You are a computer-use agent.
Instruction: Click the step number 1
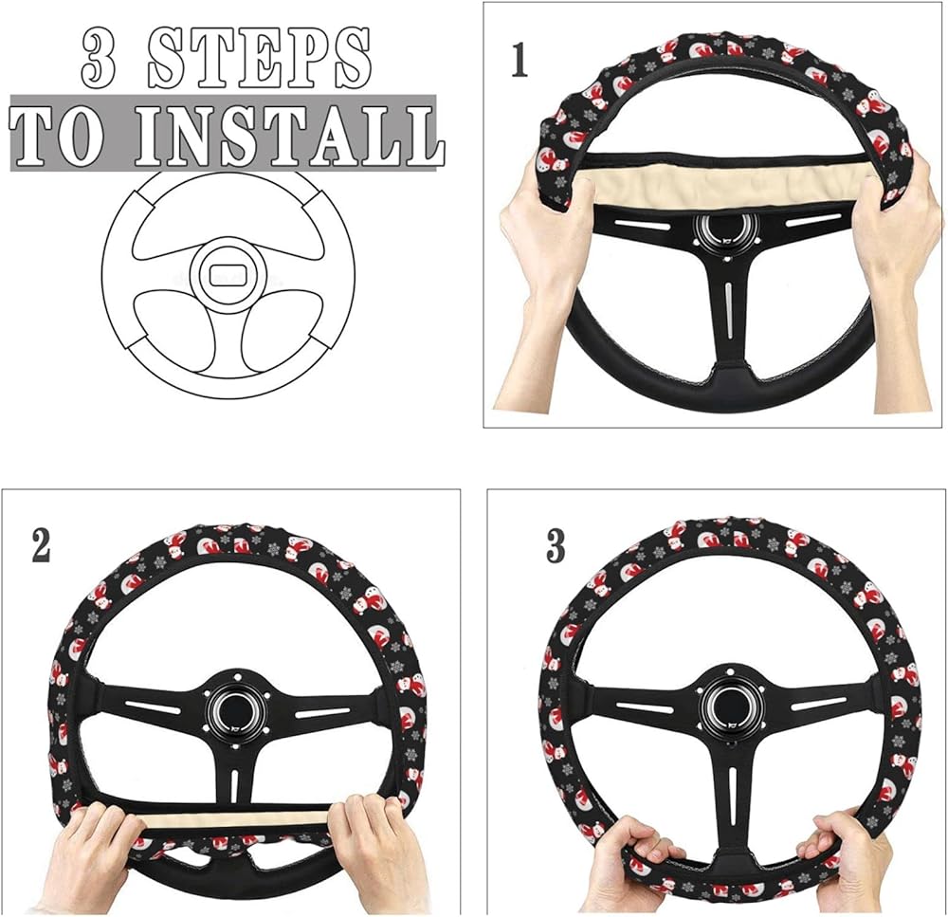pyautogui.click(x=519, y=62)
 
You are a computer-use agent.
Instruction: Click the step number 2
pyautogui.click(x=41, y=546)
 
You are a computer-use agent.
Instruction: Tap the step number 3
pyautogui.click(x=555, y=546)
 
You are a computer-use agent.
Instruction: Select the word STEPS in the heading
pyautogui.click(x=259, y=59)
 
